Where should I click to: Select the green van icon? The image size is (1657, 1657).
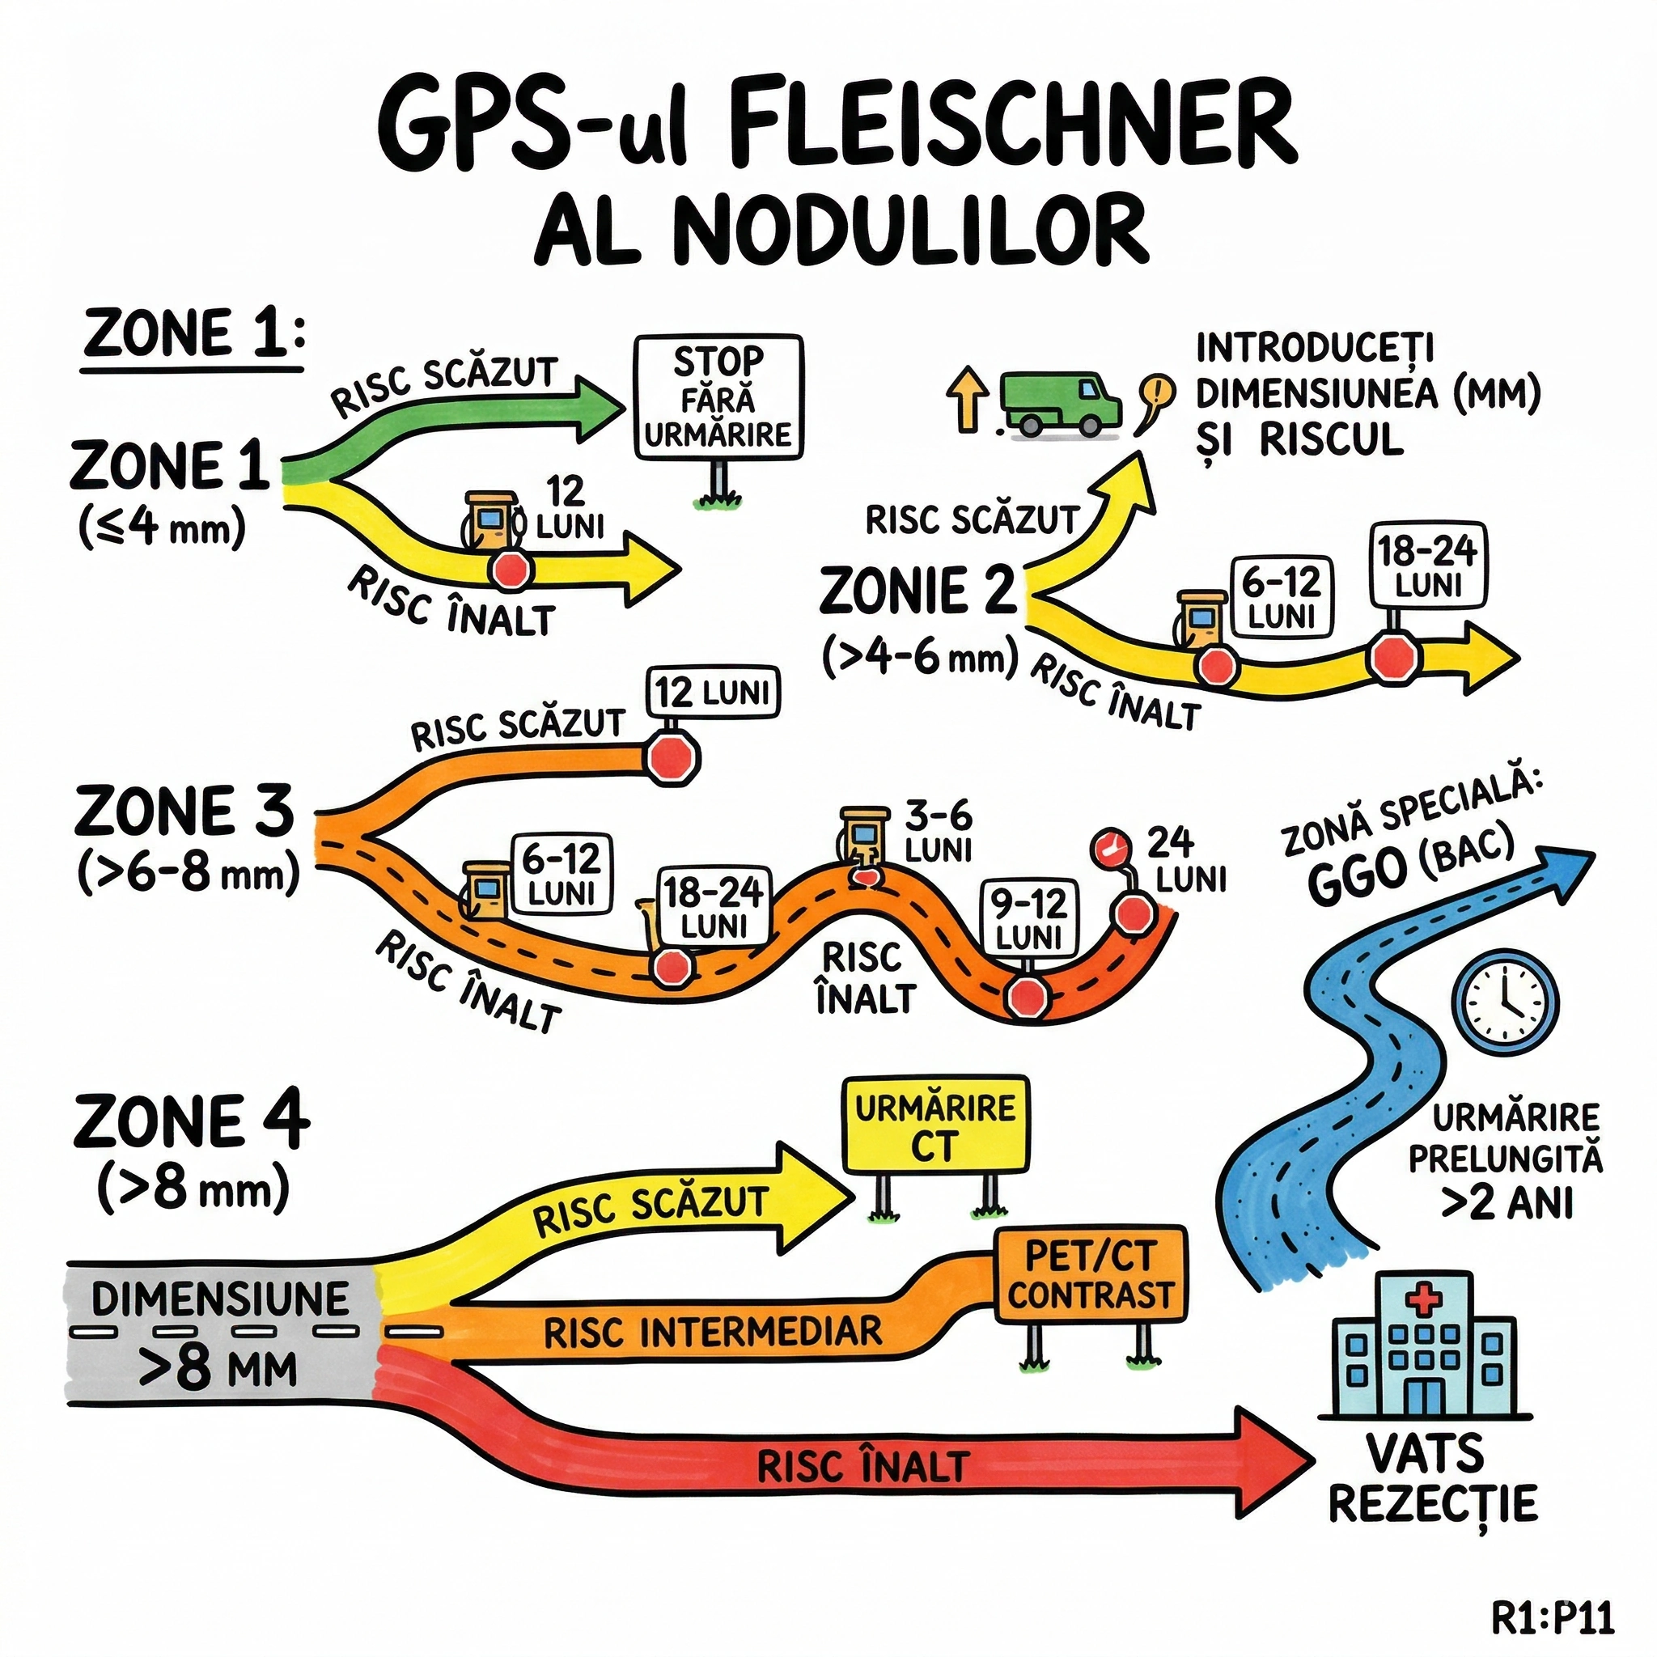pos(1060,403)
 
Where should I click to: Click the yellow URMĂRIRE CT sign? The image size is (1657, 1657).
pos(936,1126)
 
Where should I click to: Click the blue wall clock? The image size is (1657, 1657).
pos(1504,1000)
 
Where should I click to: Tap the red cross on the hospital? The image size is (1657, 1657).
pos(1424,1299)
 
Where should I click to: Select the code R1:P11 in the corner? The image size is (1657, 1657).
pos(1553,1617)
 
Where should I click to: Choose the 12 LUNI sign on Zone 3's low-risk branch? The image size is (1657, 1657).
pos(713,691)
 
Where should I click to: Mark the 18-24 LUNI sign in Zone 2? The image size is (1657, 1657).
pos(1427,566)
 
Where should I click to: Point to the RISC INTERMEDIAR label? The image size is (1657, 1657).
pos(713,1332)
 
